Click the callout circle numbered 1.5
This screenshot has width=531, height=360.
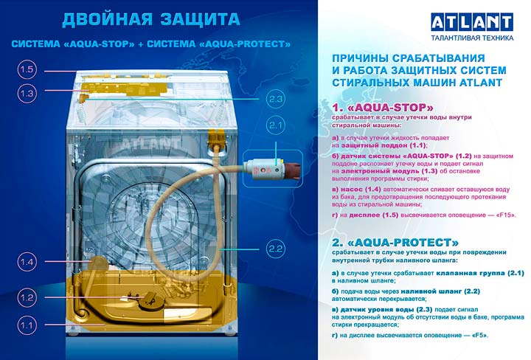tap(27, 70)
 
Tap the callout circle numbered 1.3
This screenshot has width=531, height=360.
tap(27, 93)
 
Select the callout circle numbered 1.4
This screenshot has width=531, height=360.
tap(27, 262)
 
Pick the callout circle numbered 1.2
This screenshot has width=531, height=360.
tap(27, 298)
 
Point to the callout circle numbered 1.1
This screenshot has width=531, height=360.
tap(27, 326)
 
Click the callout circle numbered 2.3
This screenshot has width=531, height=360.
tap(276, 100)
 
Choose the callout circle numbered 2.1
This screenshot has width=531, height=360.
tap(276, 125)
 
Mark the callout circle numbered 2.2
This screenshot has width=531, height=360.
tap(276, 249)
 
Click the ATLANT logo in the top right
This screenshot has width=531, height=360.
tap(472, 22)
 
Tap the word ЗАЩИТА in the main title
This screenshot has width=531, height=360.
tap(200, 20)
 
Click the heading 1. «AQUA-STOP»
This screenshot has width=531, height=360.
tap(383, 108)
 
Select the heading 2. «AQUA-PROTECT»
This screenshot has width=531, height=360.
tap(395, 243)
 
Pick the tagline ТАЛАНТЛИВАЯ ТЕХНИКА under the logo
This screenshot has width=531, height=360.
tap(472, 38)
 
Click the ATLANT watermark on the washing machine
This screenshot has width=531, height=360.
tap(150, 144)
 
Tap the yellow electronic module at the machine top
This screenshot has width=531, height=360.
tap(125, 88)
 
